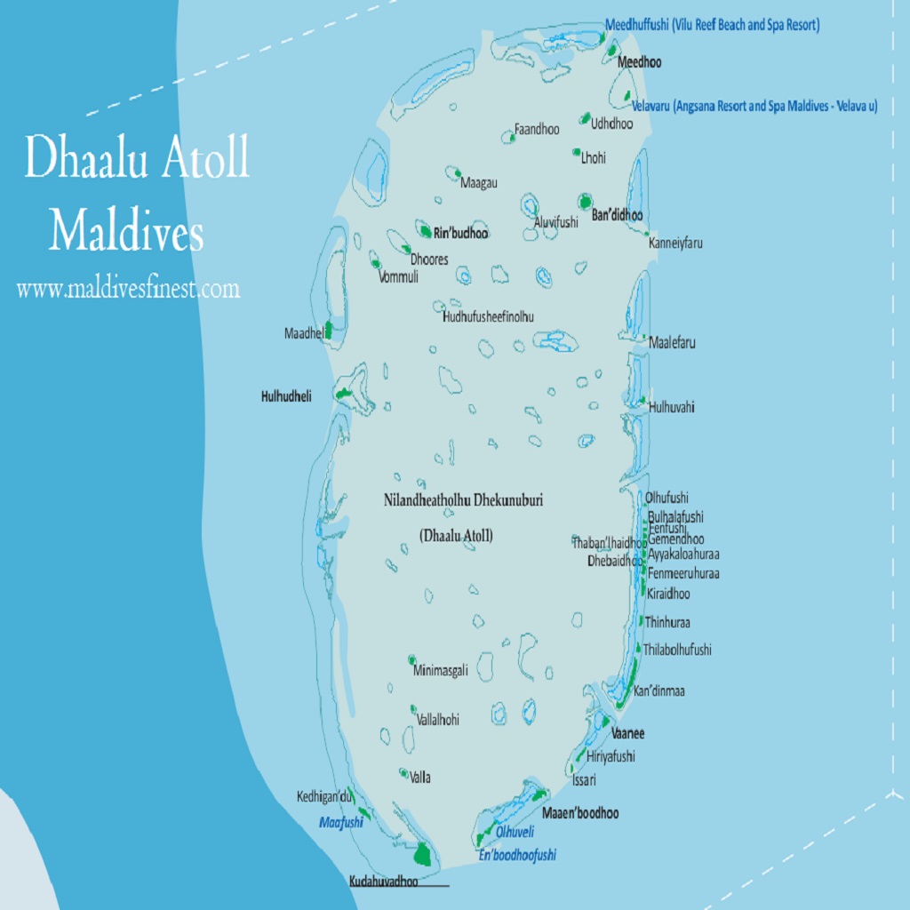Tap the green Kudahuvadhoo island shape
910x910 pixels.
pos(423,855)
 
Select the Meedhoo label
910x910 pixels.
pos(639,63)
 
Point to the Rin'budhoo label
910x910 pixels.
pos(460,234)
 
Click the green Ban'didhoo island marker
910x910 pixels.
pos(585,202)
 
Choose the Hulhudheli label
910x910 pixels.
pos(286,397)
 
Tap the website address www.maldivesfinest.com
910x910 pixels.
pos(128,289)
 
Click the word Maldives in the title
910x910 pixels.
pos(126,233)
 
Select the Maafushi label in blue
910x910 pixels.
pos(341,823)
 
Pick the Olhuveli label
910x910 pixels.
pos(515,833)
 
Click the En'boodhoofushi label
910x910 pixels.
pos(517,855)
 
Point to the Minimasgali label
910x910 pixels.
pos(440,671)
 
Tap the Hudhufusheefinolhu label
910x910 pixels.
pos(488,316)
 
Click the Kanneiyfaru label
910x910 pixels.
pos(675,243)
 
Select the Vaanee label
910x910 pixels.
pos(628,733)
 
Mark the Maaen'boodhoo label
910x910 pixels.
pos(580,812)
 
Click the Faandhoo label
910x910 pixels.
pos(537,130)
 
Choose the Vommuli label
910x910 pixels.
pos(398,277)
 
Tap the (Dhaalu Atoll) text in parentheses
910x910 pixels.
pos(456,535)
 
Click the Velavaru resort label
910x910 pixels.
pos(754,106)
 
